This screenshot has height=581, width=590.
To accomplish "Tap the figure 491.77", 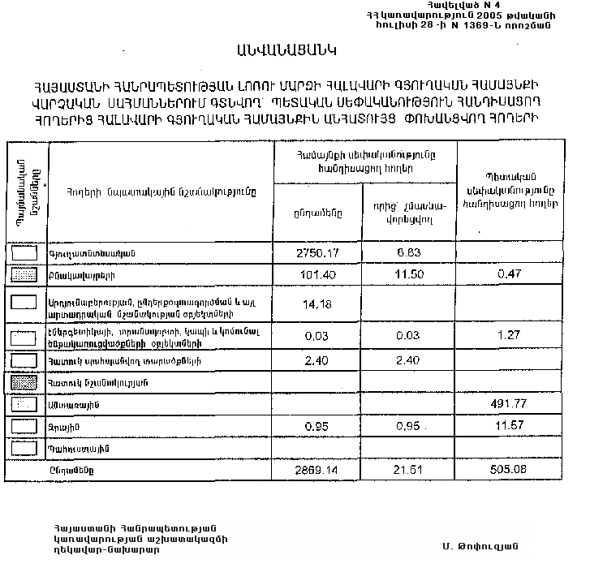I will [x=509, y=403].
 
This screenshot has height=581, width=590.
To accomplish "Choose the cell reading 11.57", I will [x=509, y=426].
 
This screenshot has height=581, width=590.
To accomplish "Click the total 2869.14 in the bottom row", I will [x=317, y=470].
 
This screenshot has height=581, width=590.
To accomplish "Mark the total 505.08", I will [x=509, y=470].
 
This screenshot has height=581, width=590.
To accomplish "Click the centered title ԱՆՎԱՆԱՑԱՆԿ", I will [x=287, y=51].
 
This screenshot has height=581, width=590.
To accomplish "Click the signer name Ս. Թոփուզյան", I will [x=480, y=544].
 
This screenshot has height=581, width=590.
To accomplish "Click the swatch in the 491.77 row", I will [x=27, y=403].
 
